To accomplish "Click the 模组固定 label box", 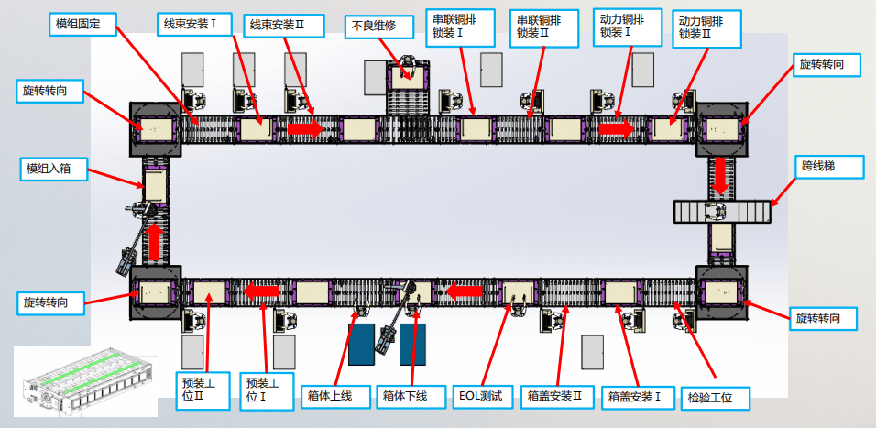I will click(x=81, y=23).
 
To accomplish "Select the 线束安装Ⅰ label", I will click(x=190, y=23).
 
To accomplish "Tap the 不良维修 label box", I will click(x=372, y=27).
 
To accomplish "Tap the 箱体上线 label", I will click(x=336, y=397).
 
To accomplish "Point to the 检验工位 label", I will click(x=717, y=398).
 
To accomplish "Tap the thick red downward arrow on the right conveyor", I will click(x=722, y=174).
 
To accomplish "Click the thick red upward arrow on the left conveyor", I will click(x=154, y=241).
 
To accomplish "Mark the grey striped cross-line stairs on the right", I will click(x=719, y=212).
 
